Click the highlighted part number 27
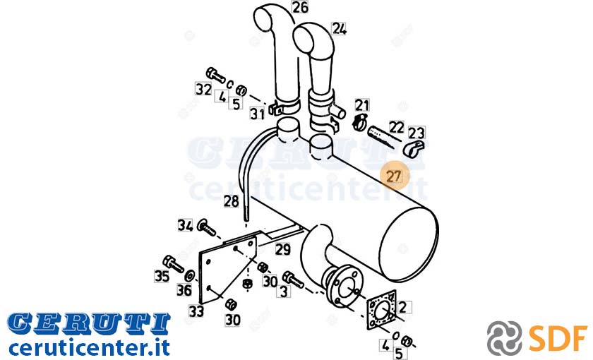(394, 176)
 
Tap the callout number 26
(300, 8)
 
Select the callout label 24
(339, 29)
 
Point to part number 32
(203, 89)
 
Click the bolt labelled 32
(215, 75)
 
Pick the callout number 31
(257, 114)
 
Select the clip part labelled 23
(414, 148)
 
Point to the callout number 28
(231, 201)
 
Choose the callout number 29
(282, 249)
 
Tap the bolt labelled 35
(174, 263)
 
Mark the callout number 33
(196, 311)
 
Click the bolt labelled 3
(293, 280)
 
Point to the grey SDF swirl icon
(504, 338)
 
